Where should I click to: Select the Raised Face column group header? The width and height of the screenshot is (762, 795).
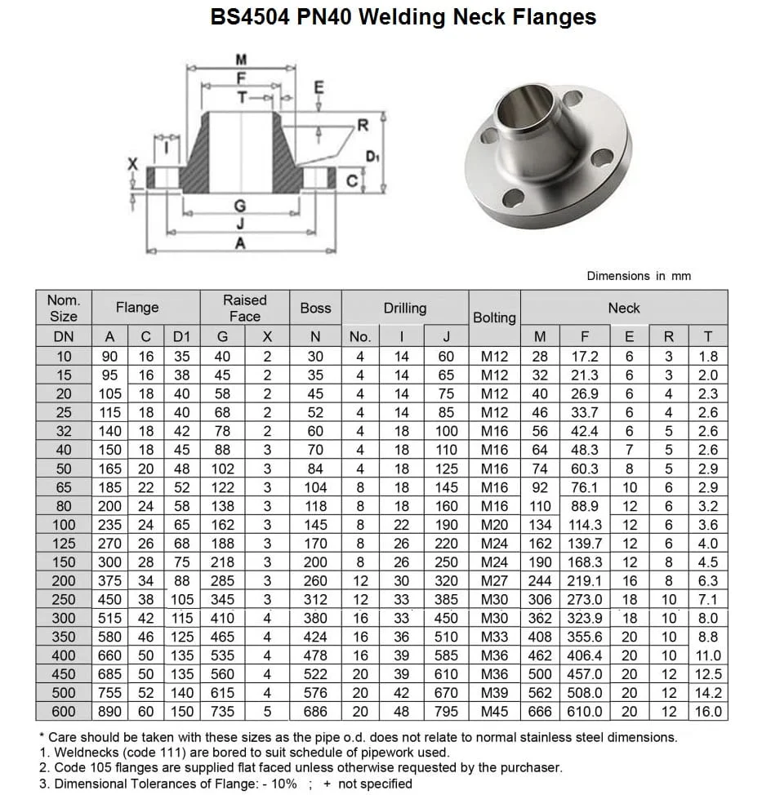point(244,308)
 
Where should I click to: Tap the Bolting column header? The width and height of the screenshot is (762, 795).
point(494,317)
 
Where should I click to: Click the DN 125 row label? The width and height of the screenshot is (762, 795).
point(63,543)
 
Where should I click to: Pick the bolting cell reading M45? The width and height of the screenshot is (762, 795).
point(494,712)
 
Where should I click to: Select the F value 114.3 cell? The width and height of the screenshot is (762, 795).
point(585,525)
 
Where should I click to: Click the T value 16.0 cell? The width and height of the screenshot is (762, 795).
point(707,712)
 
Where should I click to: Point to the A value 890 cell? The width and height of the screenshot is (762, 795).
point(109,712)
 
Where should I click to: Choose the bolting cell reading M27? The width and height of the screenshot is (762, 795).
point(494,580)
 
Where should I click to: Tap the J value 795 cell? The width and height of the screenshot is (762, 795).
point(446,712)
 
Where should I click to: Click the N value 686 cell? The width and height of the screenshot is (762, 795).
point(315,712)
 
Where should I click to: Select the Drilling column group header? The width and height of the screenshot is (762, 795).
point(404,308)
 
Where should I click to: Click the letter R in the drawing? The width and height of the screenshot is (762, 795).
point(363,126)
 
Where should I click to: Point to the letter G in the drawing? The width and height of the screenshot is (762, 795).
point(239,206)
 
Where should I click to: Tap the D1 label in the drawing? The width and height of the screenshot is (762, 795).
point(372,156)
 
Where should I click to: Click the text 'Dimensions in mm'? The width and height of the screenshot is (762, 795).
point(638,276)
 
